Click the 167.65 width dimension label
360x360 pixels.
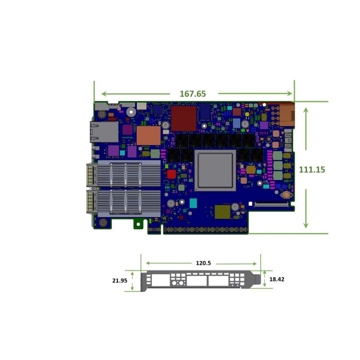pyautogui.click(x=193, y=94)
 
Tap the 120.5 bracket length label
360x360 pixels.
pyautogui.click(x=203, y=263)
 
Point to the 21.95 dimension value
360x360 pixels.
pyautogui.click(x=119, y=281)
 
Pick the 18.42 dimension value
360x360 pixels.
pyautogui.click(x=277, y=279)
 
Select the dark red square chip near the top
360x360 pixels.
pyautogui.click(x=184, y=118)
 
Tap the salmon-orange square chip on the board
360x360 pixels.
pyautogui.click(x=148, y=136)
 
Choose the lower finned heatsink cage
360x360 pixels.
pyautogui.click(x=118, y=202)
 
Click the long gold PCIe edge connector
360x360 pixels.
pyautogui.click(x=206, y=229)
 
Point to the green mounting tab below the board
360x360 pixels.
pyautogui.click(x=138, y=223)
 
